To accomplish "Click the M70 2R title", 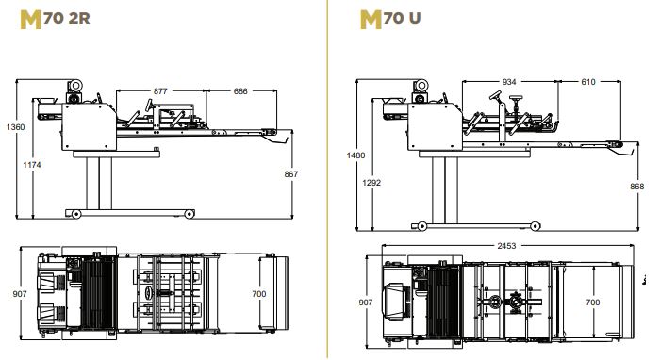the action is (x=55, y=20).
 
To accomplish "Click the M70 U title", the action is (x=390, y=20).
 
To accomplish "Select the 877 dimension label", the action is (x=160, y=90).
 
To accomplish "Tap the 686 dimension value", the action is (x=240, y=90).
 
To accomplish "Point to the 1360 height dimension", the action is (x=16, y=126).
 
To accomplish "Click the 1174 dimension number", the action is (x=32, y=164).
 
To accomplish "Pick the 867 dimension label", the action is (x=290, y=173).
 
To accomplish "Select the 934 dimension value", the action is (x=509, y=82).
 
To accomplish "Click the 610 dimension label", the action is (x=588, y=82).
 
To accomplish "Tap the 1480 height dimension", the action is (x=355, y=155).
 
